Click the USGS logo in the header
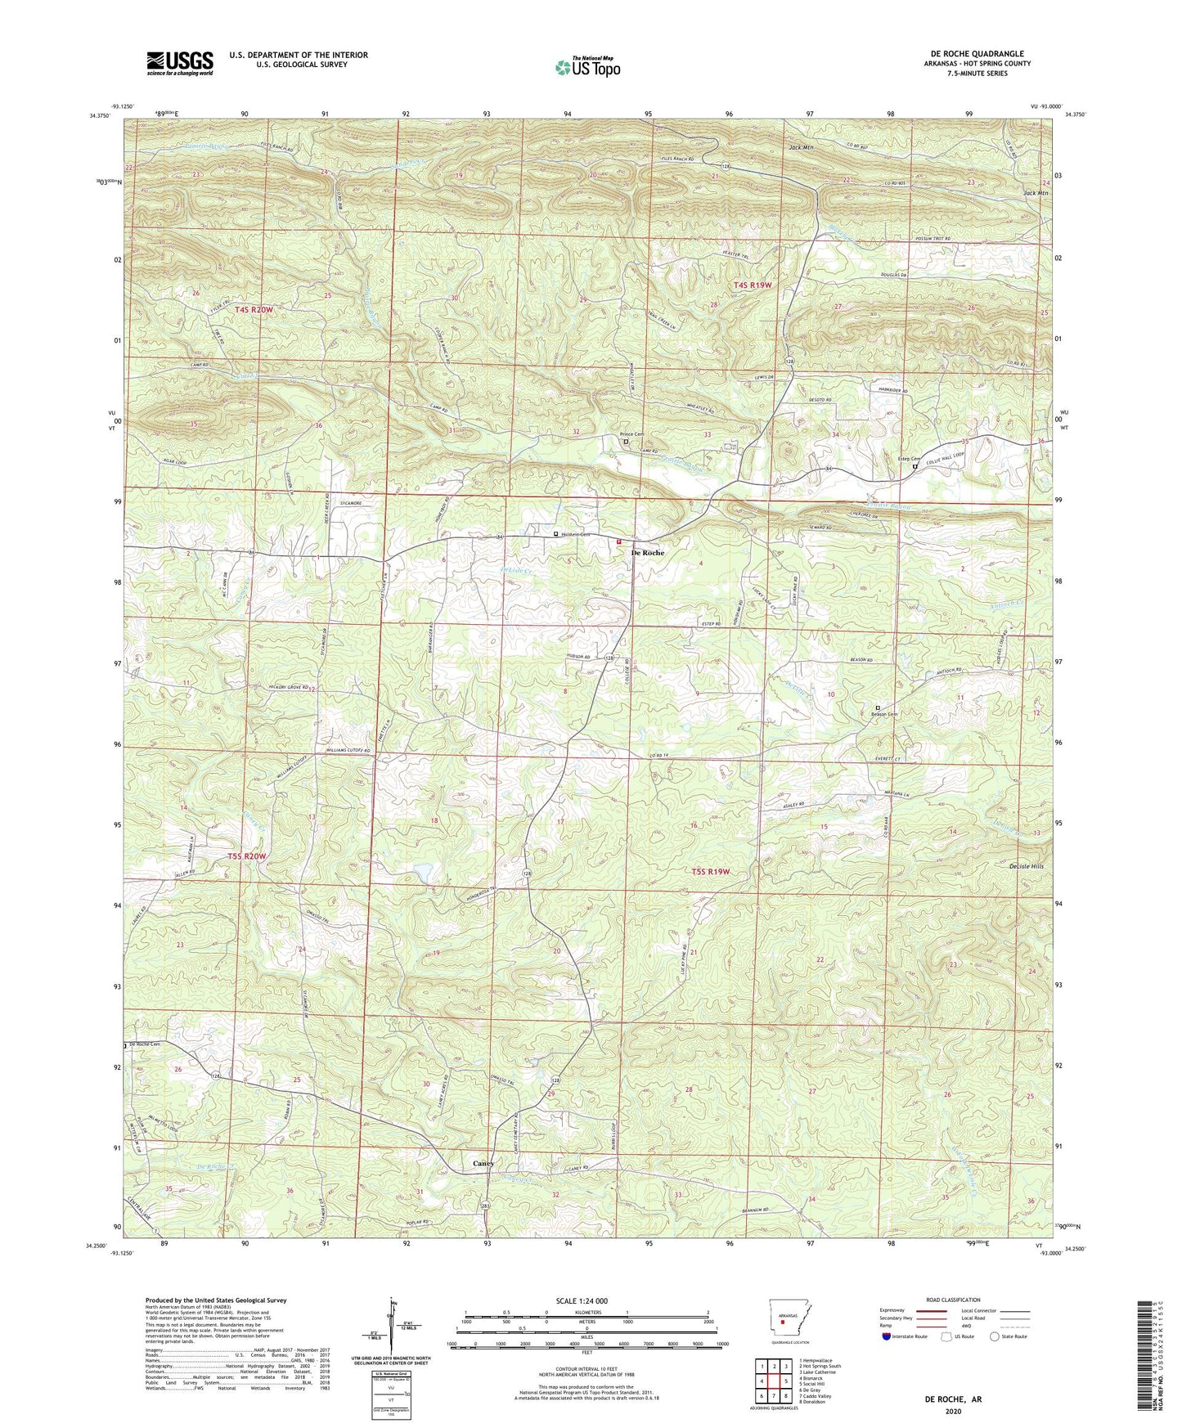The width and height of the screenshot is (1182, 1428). pos(180,63)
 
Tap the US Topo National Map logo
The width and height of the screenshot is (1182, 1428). pos(587,66)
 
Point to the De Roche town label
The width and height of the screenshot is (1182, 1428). pos(647,553)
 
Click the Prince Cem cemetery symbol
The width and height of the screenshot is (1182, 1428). pos(627,442)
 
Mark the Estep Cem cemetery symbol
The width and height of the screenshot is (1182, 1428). pos(915,467)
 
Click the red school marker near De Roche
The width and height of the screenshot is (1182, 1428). pos(618,541)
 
